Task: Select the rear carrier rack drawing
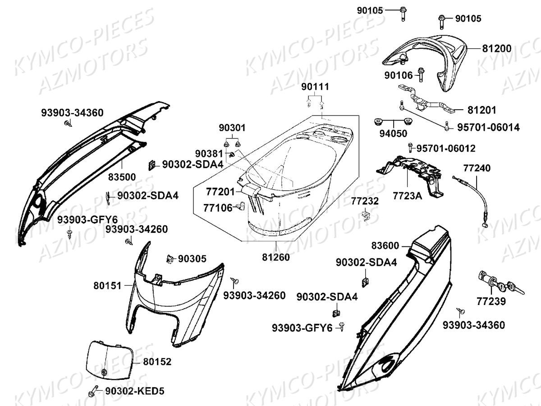pos(428,56)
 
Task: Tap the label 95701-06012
pos(445,148)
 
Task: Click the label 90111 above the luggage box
pos(316,87)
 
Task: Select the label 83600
pos(385,246)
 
